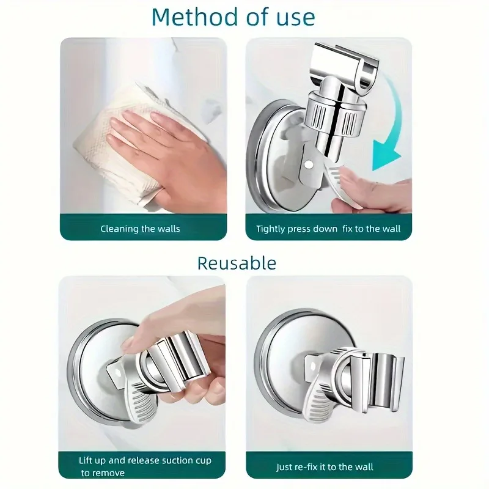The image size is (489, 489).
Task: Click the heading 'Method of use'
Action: [234, 17]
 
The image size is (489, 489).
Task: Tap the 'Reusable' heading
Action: [237, 263]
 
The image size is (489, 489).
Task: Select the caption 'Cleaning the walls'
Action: [140, 229]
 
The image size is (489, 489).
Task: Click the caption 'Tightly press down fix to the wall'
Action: [328, 229]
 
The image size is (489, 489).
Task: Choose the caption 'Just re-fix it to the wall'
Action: [325, 467]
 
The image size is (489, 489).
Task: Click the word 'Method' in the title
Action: [186, 17]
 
